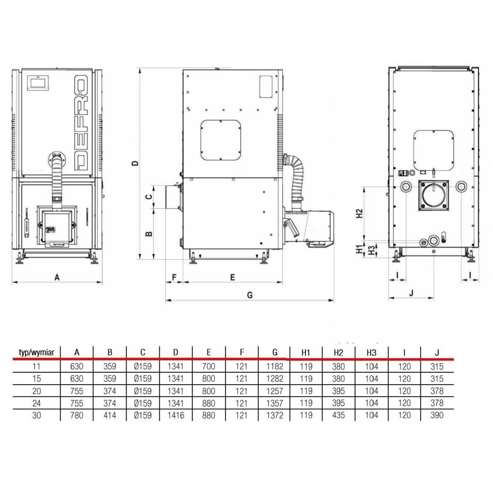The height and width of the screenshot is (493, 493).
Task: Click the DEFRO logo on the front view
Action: point(81,122)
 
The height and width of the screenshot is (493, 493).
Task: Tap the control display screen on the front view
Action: point(39,83)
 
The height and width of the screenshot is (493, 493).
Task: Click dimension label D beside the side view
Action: point(135,163)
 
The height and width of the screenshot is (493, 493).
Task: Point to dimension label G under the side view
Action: point(250,295)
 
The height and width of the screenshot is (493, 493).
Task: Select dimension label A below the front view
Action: point(57,278)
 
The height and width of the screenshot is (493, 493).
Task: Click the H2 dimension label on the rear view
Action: point(360,213)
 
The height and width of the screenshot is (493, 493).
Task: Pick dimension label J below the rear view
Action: point(411,293)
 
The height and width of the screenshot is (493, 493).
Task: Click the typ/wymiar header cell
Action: point(37,352)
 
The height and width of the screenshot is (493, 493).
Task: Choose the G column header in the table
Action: point(275,352)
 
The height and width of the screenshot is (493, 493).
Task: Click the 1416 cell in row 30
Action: point(176,415)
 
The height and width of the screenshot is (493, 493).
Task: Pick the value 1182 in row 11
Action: point(275,366)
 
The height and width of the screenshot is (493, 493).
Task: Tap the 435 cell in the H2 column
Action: point(338,415)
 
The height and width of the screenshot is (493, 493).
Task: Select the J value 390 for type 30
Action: point(437,415)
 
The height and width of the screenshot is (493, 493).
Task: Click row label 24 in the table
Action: point(37,403)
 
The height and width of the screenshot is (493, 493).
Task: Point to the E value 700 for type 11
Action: point(209,366)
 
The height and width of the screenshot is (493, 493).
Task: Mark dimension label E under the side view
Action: point(232,277)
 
